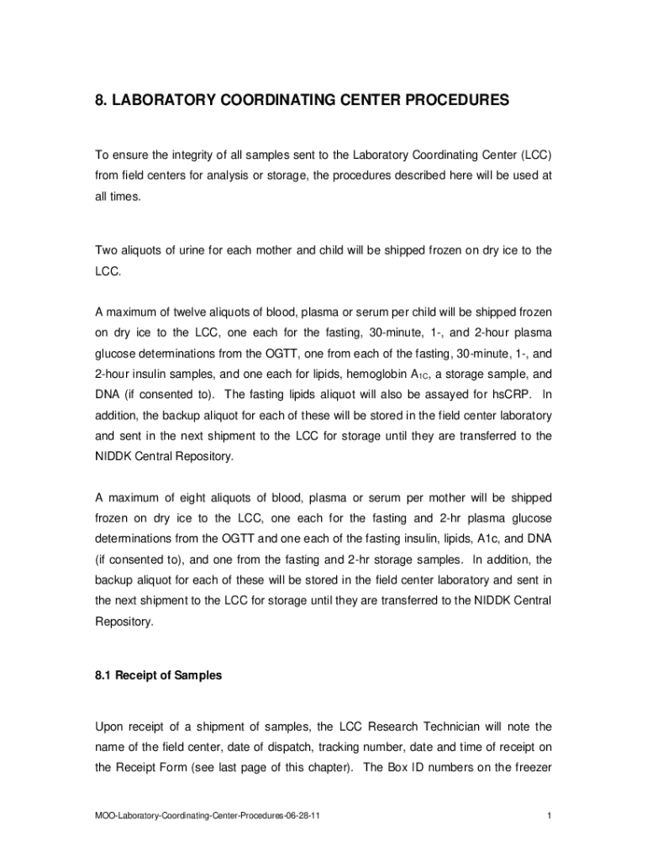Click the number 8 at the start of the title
98,101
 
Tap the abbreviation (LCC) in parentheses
536,155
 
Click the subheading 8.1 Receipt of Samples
158,674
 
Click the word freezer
529,767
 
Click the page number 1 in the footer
548,815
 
